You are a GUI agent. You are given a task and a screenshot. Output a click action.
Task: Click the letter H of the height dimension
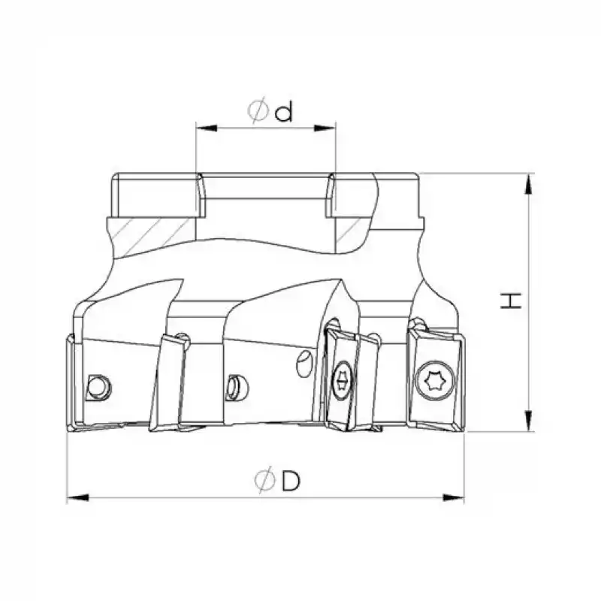pos(512,300)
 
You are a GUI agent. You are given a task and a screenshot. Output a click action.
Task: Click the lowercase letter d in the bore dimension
pos(283,113)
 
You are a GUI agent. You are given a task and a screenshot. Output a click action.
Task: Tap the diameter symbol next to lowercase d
pos(258,112)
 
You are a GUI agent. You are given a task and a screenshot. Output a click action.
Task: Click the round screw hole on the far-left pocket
pos(95,386)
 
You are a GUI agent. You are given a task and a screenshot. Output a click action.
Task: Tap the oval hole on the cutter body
pos(303,364)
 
